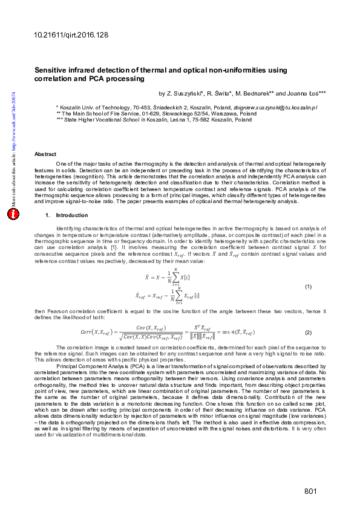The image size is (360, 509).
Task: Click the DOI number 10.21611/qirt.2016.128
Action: click(71, 36)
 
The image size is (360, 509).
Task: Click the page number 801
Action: click(311, 491)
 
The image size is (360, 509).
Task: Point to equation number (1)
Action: click(307, 287)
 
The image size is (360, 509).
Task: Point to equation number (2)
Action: click(307, 332)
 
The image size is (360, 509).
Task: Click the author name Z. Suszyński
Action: click(185, 94)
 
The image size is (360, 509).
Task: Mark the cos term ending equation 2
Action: click(238, 332)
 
